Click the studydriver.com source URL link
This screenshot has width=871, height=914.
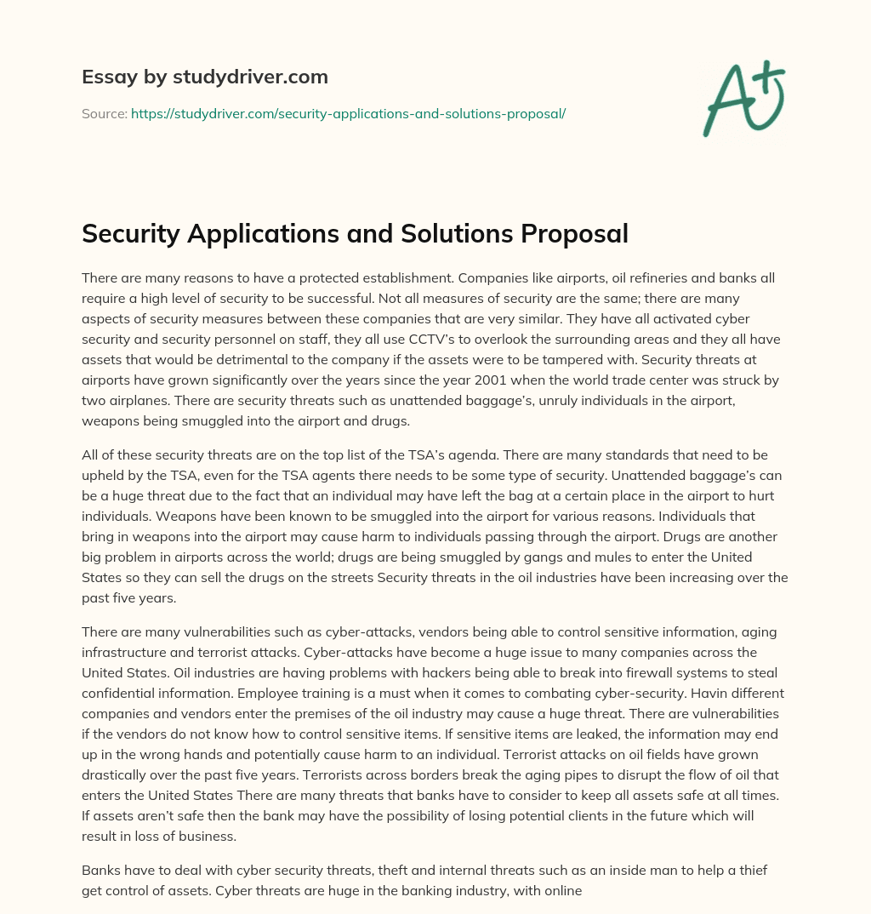click(348, 112)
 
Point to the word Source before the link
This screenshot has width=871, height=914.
click(104, 112)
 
